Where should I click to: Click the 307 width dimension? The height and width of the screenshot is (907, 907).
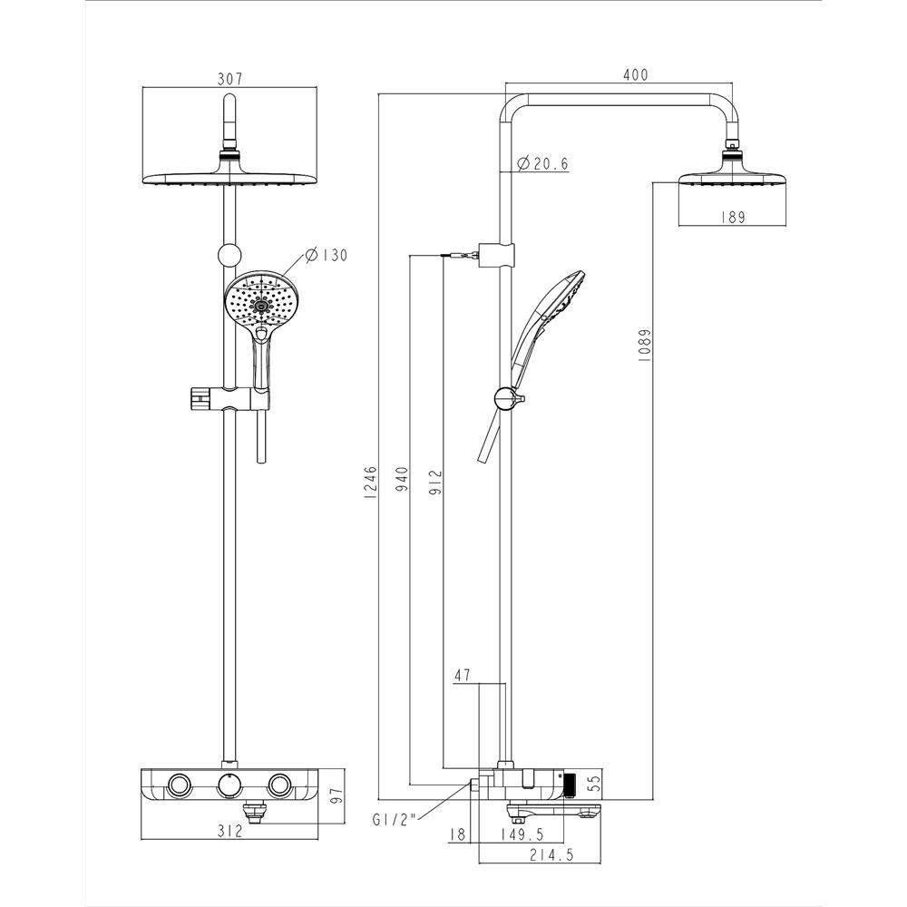tap(230, 79)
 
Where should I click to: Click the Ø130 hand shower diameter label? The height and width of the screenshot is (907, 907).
tap(327, 255)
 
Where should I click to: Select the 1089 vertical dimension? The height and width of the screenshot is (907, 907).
tap(643, 345)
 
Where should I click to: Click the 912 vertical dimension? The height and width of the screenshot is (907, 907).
tap(434, 480)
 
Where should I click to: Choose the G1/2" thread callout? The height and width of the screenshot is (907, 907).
tap(393, 819)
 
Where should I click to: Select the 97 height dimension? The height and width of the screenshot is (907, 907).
tap(336, 795)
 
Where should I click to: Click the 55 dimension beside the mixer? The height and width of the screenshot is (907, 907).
tap(595, 779)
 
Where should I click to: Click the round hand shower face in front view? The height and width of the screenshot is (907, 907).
tap(263, 301)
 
